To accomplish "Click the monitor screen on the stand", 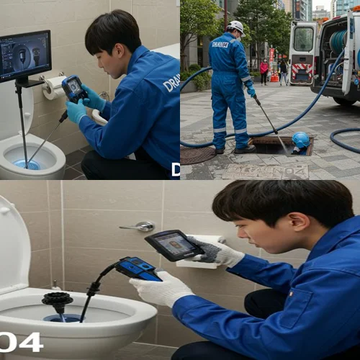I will [25, 56].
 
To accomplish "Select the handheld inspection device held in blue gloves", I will [73, 88].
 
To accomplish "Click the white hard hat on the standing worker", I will [235, 27].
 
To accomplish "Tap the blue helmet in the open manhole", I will [300, 140].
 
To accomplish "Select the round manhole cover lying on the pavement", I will [197, 155].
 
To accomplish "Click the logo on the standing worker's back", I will [221, 44].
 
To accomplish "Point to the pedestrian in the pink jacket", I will [264, 70].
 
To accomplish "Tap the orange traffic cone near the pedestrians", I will [274, 76].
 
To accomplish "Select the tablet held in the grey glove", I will [173, 245].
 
